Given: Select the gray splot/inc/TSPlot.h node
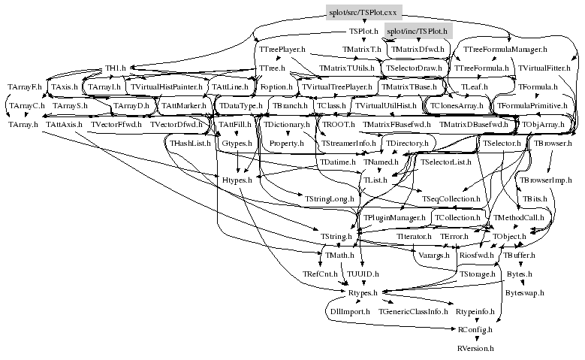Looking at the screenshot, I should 415,32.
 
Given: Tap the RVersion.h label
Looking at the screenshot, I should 475,349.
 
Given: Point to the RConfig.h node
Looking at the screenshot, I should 475,329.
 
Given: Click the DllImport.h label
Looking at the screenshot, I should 350,310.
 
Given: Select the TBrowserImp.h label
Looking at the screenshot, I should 546,180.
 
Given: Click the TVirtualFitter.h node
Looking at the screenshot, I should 544,69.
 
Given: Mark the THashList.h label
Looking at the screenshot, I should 190,143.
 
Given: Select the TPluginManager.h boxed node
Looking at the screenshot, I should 395,218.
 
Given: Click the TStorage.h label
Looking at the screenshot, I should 478,274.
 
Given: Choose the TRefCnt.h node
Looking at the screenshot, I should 320,274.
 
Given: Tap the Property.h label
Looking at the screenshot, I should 286,143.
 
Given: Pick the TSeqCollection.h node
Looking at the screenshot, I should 451,199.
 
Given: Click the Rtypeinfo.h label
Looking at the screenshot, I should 475,310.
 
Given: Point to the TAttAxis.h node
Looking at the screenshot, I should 64,124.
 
